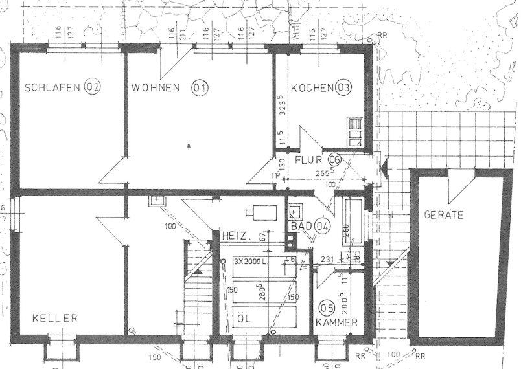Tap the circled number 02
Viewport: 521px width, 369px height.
[x=93, y=87]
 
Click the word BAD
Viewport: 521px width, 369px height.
[x=299, y=227]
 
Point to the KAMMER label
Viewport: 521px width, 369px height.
[x=337, y=322]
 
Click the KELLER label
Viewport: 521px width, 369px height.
[x=56, y=319]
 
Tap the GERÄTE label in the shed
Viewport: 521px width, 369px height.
[x=443, y=215]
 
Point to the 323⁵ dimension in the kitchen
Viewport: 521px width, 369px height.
[x=281, y=104]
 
